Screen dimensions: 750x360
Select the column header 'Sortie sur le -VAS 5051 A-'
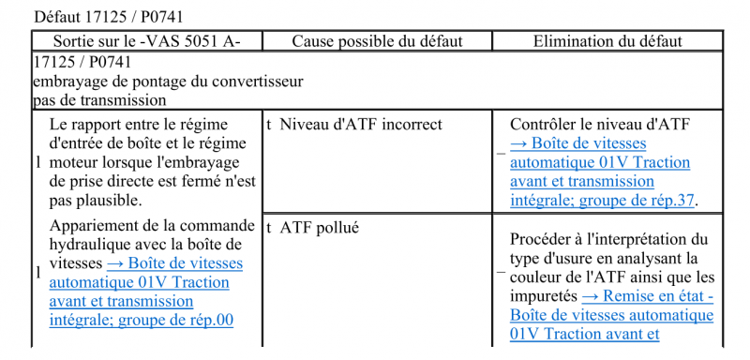(146, 41)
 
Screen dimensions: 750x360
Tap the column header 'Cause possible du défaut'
(377, 41)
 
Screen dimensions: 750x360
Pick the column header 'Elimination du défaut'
(607, 41)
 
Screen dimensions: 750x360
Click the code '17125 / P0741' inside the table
(82, 62)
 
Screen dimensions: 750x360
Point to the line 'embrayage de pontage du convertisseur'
(168, 81)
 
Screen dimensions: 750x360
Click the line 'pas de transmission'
(99, 99)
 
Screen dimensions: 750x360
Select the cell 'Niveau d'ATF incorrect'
(361, 124)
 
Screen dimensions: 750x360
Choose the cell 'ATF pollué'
(320, 226)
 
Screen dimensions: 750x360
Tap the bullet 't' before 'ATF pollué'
(269, 226)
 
